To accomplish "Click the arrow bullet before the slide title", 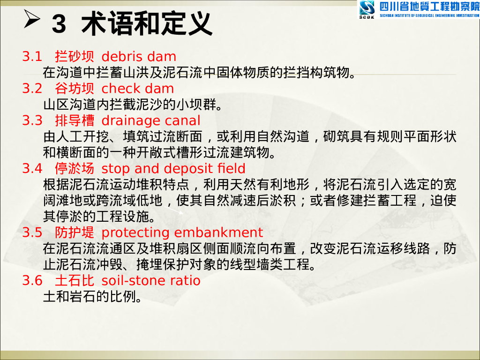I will pos(34,20).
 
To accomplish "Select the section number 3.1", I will pos(32,57).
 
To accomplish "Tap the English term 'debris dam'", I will pos(139,57).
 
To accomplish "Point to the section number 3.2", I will pos(32,89).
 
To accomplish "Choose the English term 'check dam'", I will pos(137,89).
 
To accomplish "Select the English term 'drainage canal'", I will pos(150,120).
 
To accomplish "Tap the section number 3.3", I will pos(32,120).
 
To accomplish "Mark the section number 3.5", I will pos(32,232).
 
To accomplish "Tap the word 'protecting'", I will pos(136,232).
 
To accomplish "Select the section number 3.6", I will pos(32,280).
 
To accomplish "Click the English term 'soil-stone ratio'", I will pos(150,280).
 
